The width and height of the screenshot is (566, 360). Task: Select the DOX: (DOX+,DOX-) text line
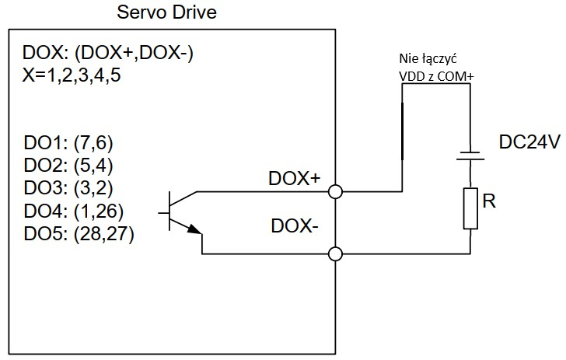tap(109, 54)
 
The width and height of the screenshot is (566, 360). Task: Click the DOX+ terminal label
tap(295, 178)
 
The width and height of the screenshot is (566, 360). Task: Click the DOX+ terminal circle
tap(336, 191)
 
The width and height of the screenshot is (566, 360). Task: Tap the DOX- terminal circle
tap(336, 253)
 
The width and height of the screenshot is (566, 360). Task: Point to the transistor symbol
tap(183, 211)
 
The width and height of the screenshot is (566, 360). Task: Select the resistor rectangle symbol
tap(470, 208)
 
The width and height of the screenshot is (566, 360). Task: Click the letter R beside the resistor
tap(489, 202)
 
